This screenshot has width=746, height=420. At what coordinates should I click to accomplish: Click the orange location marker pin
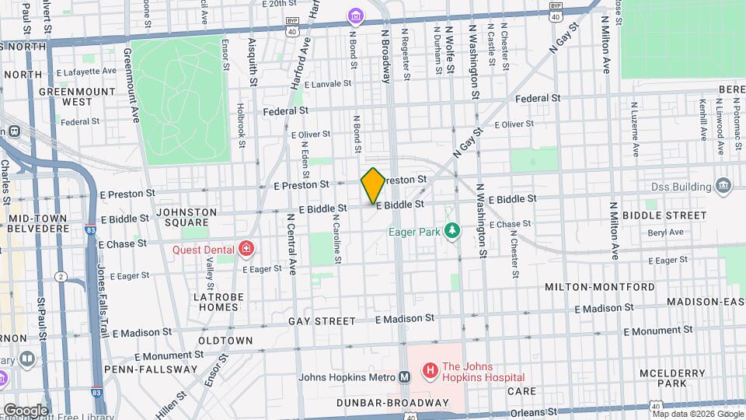coord(373,185)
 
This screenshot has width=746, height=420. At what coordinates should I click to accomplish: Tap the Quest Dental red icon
coord(246,249)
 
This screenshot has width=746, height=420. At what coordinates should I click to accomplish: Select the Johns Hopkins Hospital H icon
coord(429,370)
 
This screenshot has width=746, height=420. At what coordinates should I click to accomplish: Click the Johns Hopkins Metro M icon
coord(404,377)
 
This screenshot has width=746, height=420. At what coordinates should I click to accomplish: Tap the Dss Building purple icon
coord(723,187)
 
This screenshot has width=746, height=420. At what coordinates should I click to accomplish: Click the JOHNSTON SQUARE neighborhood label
coord(182,217)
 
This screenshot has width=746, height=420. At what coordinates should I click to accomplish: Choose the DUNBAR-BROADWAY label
coord(393,403)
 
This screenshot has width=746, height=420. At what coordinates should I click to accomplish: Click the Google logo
coord(25,410)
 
